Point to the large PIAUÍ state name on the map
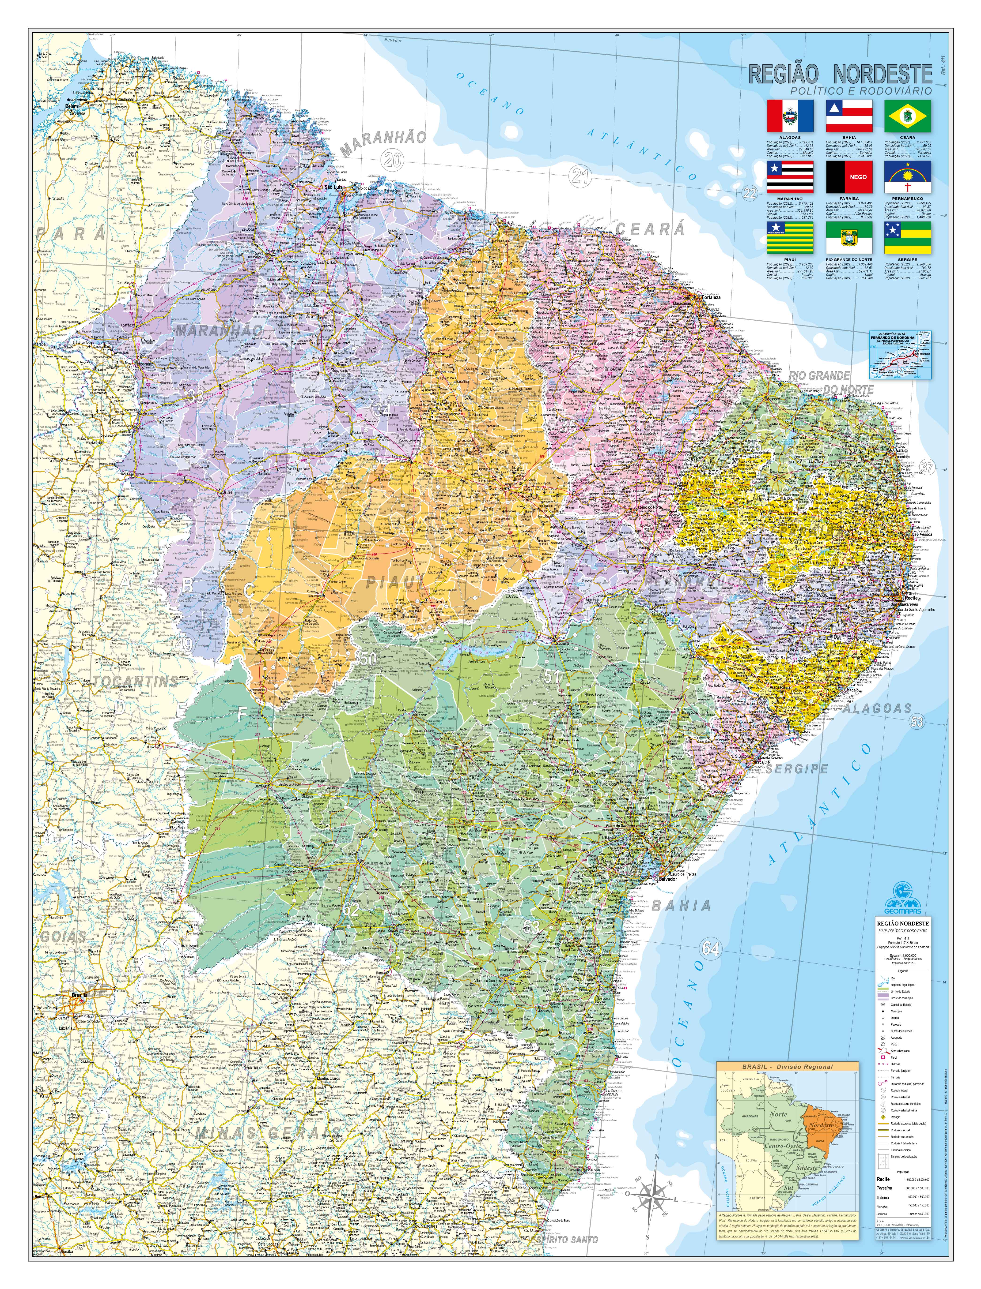click(395, 582)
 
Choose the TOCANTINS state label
click(136, 682)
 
